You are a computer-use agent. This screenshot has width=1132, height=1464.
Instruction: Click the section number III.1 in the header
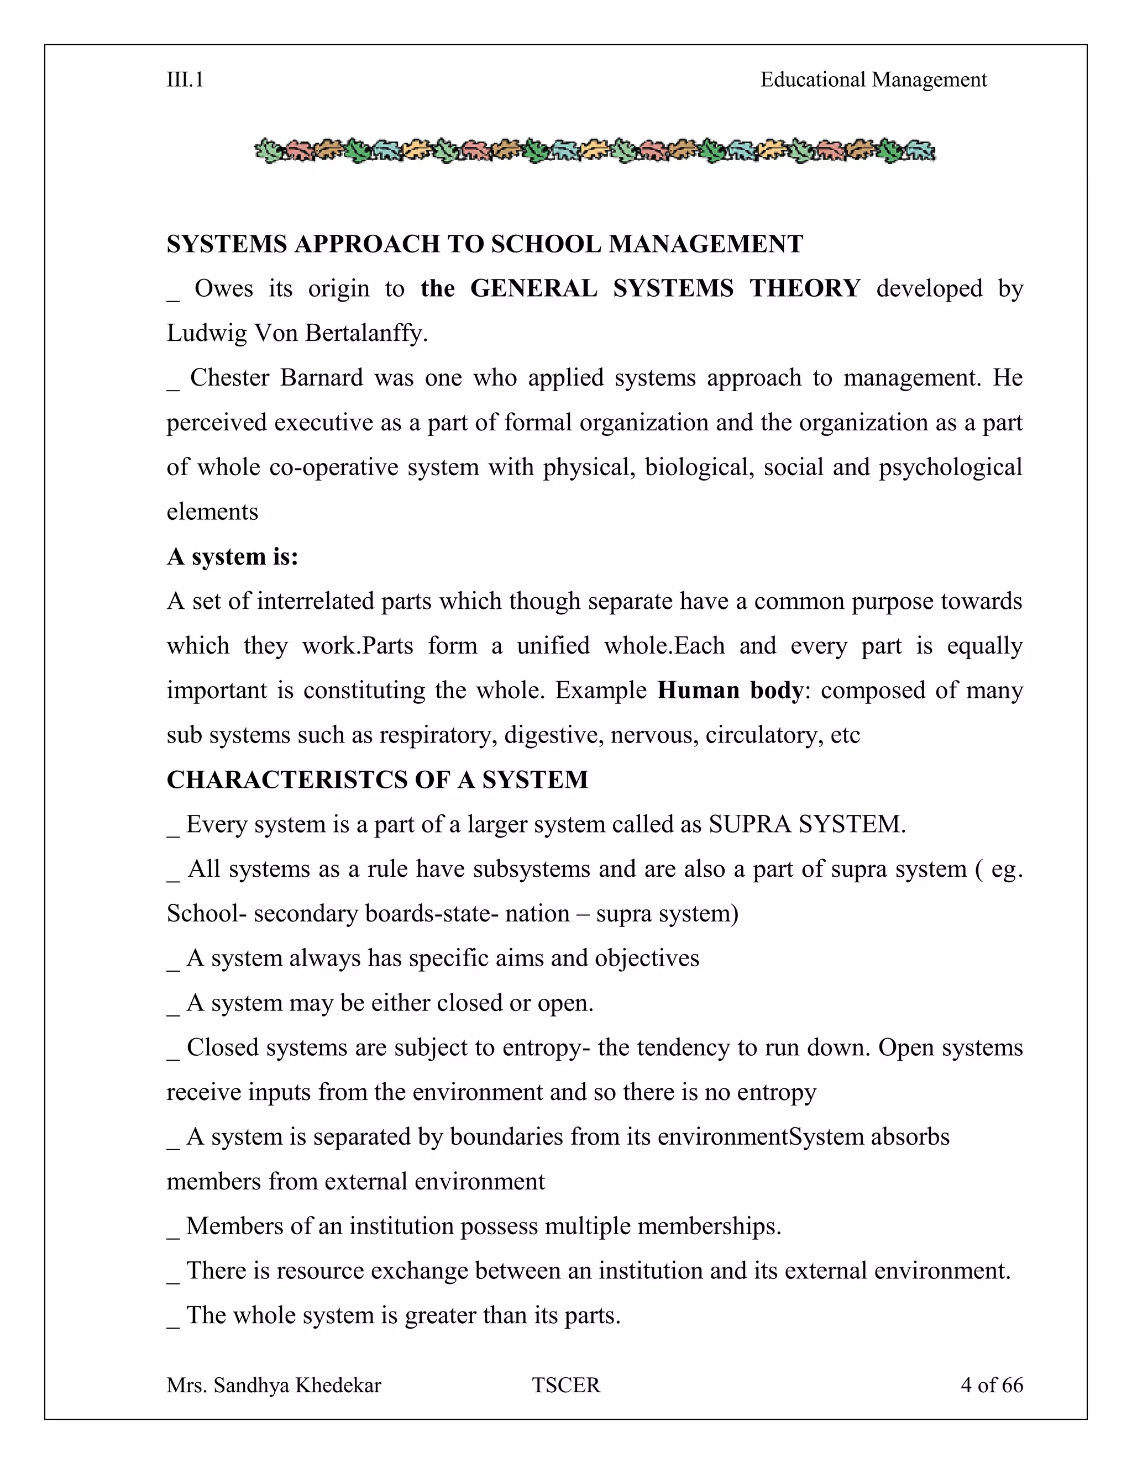185,80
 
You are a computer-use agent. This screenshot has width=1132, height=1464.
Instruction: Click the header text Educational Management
873,80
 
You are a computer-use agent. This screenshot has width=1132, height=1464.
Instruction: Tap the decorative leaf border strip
594,151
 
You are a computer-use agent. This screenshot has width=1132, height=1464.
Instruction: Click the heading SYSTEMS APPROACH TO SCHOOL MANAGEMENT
484,244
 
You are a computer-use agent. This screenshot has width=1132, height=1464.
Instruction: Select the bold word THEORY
804,288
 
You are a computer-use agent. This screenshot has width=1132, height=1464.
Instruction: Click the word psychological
950,467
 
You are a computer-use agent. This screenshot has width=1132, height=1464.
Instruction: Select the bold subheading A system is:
232,556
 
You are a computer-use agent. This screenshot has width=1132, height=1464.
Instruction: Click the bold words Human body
730,691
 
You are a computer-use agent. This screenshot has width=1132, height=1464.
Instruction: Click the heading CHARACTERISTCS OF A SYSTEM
377,780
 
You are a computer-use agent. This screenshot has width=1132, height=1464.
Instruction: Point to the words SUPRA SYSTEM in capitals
807,824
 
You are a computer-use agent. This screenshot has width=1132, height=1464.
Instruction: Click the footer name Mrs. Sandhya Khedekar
274,1385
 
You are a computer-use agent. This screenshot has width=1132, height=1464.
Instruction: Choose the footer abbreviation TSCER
566,1385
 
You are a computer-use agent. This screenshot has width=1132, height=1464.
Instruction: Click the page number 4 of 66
991,1385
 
